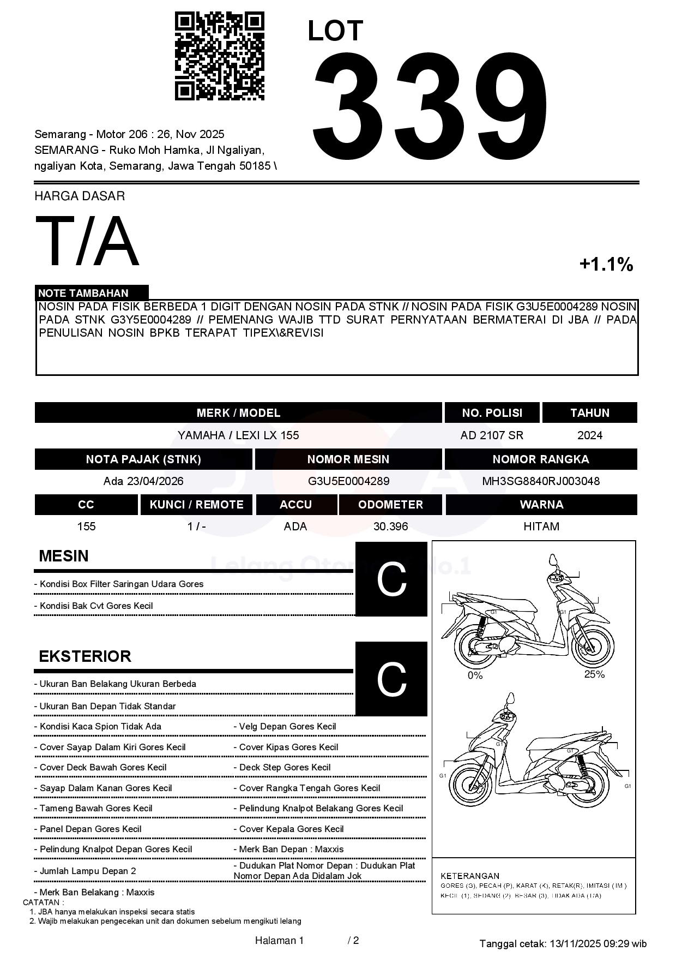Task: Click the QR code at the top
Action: coord(219,56)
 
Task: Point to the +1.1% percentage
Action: coord(606,265)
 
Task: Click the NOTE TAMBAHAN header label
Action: coord(83,293)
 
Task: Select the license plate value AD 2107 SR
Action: coord(492,435)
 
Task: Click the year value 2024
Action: coord(589,435)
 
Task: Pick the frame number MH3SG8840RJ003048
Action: coord(540,481)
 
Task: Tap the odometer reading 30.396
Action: coord(390,527)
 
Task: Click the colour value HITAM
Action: coord(541,527)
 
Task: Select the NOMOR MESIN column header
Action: coord(348,459)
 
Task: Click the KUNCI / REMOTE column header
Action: coord(196,505)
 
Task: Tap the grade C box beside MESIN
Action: coord(391,579)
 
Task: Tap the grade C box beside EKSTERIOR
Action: coord(391,679)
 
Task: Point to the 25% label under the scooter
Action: coord(594,674)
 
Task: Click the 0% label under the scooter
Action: coord(475,675)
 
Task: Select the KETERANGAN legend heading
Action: coord(469,876)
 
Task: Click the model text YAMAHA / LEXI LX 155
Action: coord(238,435)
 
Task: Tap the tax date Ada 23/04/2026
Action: coord(143,481)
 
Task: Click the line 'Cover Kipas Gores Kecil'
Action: coord(288,747)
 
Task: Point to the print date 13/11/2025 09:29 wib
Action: coord(597,943)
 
